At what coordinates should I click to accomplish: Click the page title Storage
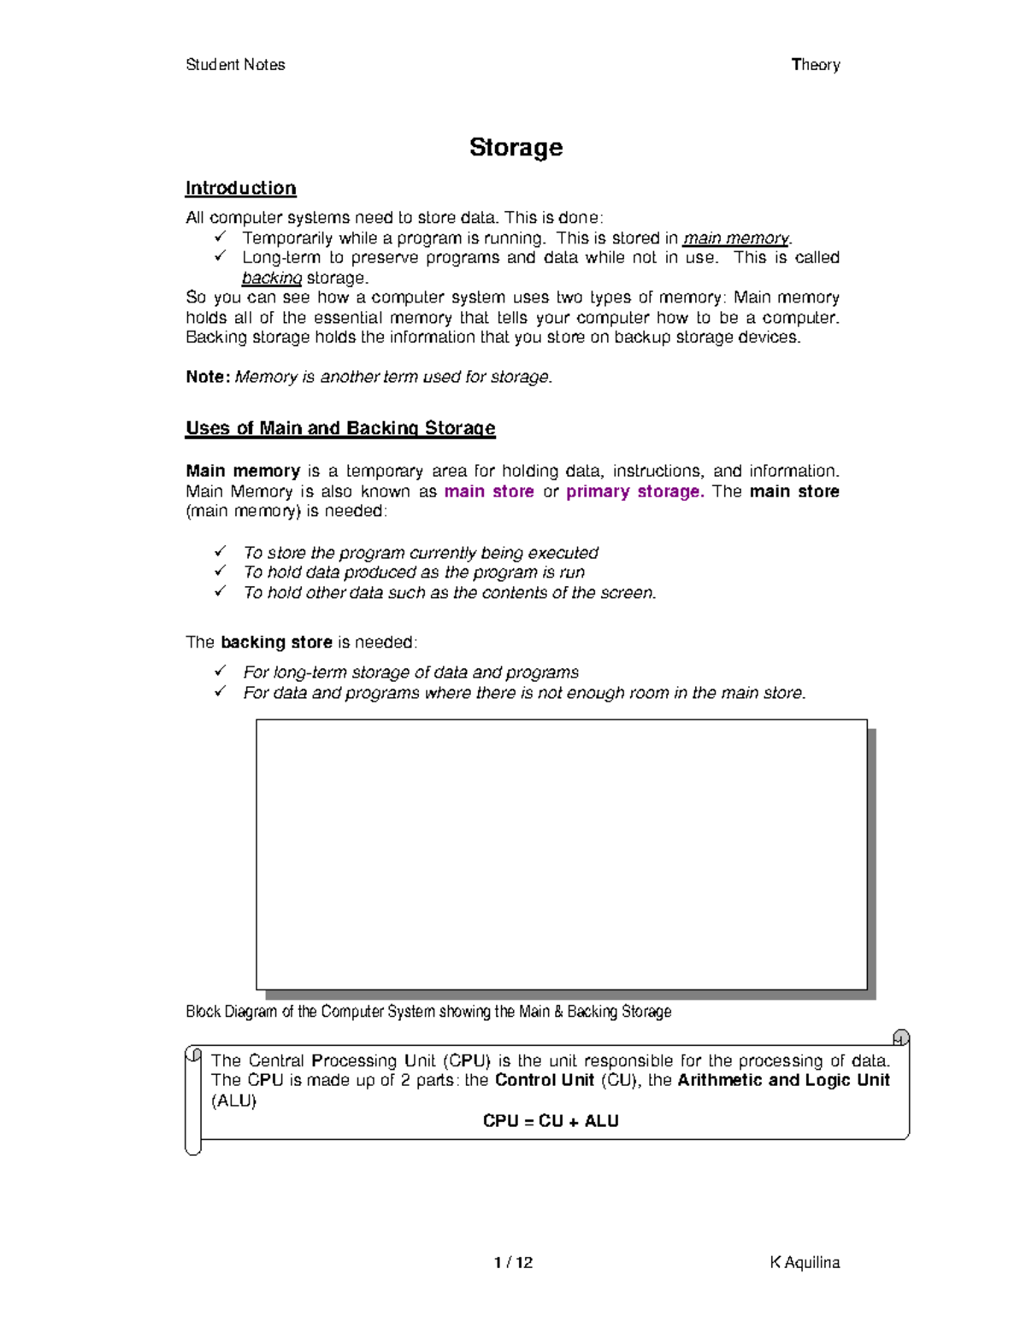tap(516, 148)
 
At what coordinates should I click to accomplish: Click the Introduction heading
tap(240, 188)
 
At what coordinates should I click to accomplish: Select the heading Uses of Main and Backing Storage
tap(340, 428)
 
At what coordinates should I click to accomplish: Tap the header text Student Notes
tap(235, 65)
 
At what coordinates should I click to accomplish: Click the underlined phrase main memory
tap(736, 238)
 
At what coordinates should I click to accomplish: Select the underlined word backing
tap(272, 278)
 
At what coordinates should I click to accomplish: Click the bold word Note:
tap(208, 377)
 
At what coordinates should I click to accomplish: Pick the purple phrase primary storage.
tap(635, 491)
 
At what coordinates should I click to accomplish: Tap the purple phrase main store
tap(489, 491)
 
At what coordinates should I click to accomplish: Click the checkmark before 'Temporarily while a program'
tap(220, 237)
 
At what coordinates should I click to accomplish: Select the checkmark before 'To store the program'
tap(220, 551)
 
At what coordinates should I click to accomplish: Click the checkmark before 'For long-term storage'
tap(220, 671)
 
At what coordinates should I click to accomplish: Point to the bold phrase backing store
tap(276, 643)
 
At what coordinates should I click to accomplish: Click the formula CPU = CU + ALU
tap(551, 1121)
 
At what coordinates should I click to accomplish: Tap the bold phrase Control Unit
tap(545, 1080)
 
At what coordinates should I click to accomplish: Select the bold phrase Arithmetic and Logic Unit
tap(783, 1080)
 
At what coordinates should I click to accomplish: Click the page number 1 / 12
tap(513, 1263)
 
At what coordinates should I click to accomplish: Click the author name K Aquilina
tap(805, 1263)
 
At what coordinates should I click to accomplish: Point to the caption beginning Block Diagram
tap(428, 1012)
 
